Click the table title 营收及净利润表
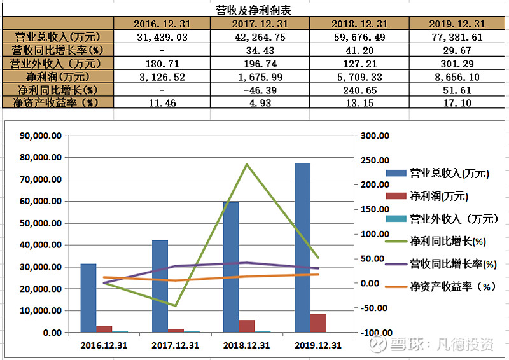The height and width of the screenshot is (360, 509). tap(253, 10)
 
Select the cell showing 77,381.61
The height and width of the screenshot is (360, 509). tap(456, 37)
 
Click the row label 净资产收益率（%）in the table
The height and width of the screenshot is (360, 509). tap(57, 102)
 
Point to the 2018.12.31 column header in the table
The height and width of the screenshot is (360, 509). tap(359, 24)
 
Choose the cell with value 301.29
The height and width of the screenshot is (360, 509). tap(456, 63)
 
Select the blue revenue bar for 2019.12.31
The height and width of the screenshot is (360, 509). tap(302, 247)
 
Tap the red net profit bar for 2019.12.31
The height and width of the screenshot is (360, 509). tap(318, 322)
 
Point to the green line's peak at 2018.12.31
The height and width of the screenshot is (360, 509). tap(246, 165)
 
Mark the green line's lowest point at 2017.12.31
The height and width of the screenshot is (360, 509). tap(175, 305)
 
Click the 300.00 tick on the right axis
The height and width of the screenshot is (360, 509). tap(374, 135)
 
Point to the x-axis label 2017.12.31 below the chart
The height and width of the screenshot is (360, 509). tap(175, 345)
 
